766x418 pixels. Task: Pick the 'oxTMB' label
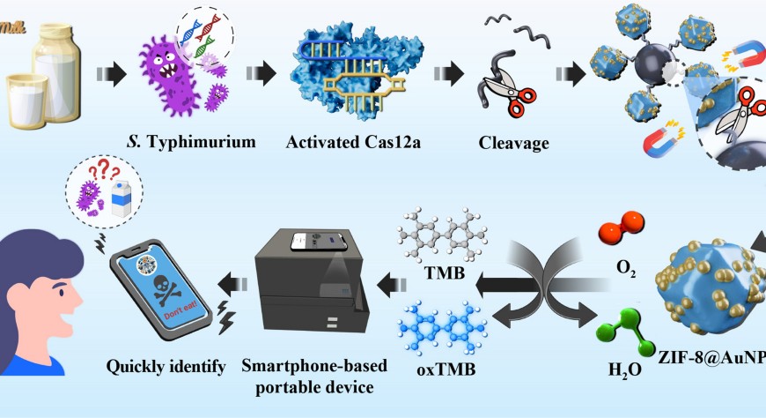(446, 369)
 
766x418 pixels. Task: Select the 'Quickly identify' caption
(166, 363)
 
